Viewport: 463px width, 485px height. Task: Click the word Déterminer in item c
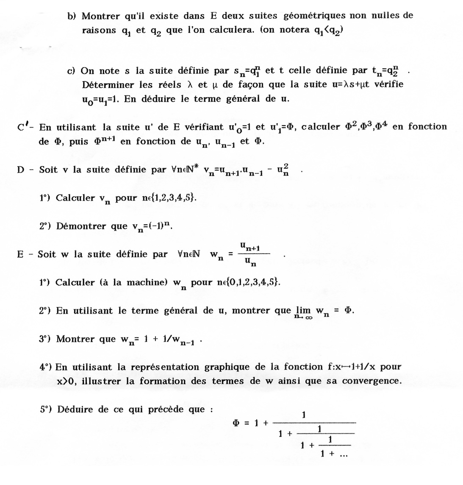coord(108,85)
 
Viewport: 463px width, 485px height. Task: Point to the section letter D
coord(21,170)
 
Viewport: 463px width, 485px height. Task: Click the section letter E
coord(20,254)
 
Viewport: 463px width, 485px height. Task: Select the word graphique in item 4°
coord(228,367)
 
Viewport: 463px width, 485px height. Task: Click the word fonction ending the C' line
coord(427,127)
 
